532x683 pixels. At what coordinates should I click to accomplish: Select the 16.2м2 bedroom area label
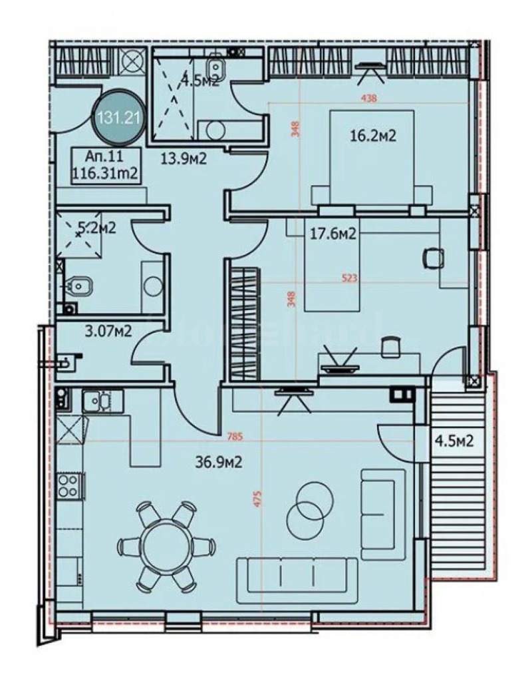click(373, 137)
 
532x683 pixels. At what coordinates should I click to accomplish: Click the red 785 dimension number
click(233, 437)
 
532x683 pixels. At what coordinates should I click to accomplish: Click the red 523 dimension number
click(350, 280)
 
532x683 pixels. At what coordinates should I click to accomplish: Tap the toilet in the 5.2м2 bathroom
click(78, 287)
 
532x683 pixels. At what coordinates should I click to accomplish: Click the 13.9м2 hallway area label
click(184, 158)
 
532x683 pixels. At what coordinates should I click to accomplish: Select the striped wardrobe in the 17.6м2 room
click(243, 323)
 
